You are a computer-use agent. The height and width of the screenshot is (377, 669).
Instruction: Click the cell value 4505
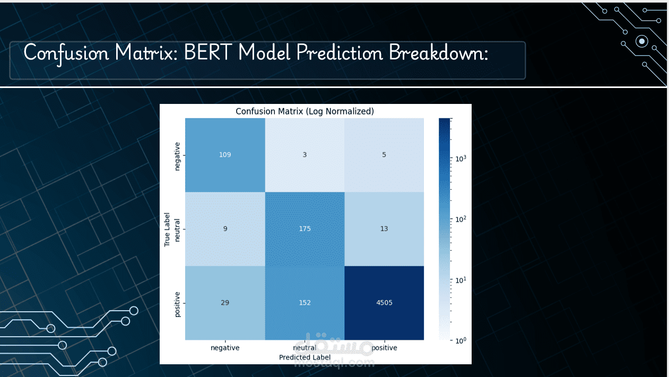tap(384, 303)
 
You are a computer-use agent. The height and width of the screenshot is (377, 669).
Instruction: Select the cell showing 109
tap(225, 154)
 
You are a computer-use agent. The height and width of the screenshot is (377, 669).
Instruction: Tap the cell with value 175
tap(305, 229)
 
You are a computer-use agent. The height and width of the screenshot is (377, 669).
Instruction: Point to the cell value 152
tap(305, 303)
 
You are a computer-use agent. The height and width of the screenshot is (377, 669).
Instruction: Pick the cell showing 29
tap(225, 303)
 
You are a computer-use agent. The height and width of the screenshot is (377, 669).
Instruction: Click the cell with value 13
tap(384, 229)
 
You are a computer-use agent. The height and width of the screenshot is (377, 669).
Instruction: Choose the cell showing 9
tap(225, 229)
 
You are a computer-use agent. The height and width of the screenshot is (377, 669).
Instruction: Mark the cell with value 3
tap(305, 154)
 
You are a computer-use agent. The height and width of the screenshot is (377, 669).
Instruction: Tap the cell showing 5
tap(384, 154)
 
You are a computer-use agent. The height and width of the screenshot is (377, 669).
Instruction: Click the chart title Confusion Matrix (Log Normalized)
tap(305, 111)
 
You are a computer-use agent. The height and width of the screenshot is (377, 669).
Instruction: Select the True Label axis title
tap(167, 229)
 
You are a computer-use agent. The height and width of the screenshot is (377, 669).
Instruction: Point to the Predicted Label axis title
tap(305, 357)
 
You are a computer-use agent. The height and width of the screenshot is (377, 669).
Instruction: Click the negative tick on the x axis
tap(225, 348)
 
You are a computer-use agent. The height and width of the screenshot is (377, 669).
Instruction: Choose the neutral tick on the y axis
tap(178, 229)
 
